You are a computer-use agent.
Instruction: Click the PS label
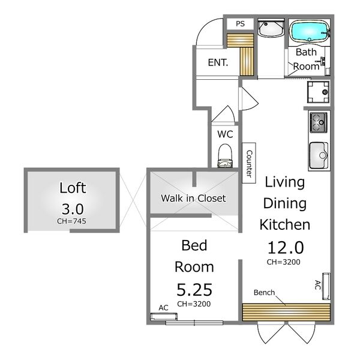point(240,23)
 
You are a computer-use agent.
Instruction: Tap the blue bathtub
point(309,31)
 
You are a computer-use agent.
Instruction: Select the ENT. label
point(218,62)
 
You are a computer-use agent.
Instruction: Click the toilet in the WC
point(225,155)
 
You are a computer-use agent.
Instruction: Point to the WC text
point(225,134)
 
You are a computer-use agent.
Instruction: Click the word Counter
point(249,163)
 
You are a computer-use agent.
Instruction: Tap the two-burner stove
point(319,122)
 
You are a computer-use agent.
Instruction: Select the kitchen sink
point(319,155)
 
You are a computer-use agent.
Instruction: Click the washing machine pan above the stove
point(318,92)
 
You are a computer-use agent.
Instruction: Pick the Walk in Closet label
point(193,199)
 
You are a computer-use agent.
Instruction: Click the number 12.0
point(286,248)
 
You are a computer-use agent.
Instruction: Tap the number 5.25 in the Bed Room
point(194,290)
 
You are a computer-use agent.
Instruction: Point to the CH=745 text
point(71,221)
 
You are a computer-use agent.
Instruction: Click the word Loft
point(73,188)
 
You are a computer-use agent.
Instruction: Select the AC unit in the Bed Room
point(164,316)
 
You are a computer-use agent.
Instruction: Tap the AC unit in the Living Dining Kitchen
point(326,286)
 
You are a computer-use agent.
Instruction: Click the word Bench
point(264,293)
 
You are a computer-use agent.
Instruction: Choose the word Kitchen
point(285,224)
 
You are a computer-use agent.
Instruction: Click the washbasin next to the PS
point(271,29)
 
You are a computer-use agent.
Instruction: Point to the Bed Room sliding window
point(194,323)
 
